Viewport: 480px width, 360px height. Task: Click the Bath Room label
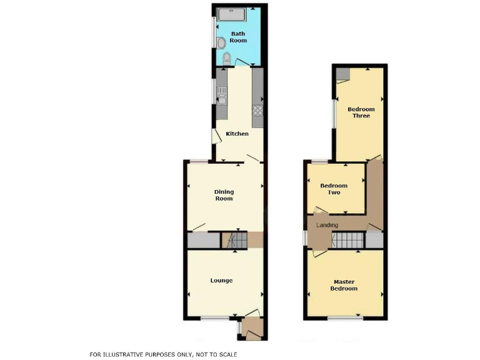click(x=239, y=37)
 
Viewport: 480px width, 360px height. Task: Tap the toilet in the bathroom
click(x=227, y=59)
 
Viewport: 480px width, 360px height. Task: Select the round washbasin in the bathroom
click(x=221, y=42)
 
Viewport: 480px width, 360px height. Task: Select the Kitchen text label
click(x=237, y=134)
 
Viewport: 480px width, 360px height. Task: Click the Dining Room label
click(x=224, y=195)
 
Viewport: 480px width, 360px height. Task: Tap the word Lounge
click(x=221, y=281)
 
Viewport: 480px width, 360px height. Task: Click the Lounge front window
click(x=214, y=318)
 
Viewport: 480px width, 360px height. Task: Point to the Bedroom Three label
click(x=361, y=112)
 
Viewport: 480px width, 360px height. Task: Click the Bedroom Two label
click(x=334, y=189)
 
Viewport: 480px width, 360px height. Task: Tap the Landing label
click(x=327, y=225)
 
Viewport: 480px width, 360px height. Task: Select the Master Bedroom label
click(x=345, y=285)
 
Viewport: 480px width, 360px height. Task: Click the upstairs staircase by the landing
click(x=347, y=239)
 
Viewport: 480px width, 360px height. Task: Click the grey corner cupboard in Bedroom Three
click(x=342, y=75)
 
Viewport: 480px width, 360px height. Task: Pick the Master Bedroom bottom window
click(x=345, y=318)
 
